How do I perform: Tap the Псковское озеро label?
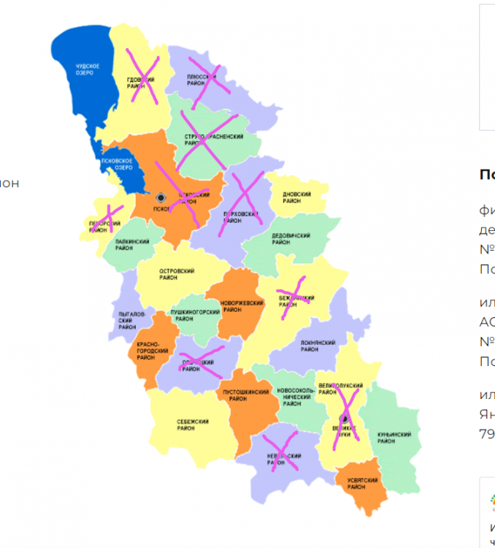coord(117,164)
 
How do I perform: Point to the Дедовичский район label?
coord(291,240)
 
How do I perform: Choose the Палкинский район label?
coord(132,245)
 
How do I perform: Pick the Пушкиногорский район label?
coord(195,316)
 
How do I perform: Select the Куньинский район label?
coord(394,438)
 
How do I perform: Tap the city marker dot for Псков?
coord(161,197)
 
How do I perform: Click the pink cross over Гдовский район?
coord(142,75)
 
